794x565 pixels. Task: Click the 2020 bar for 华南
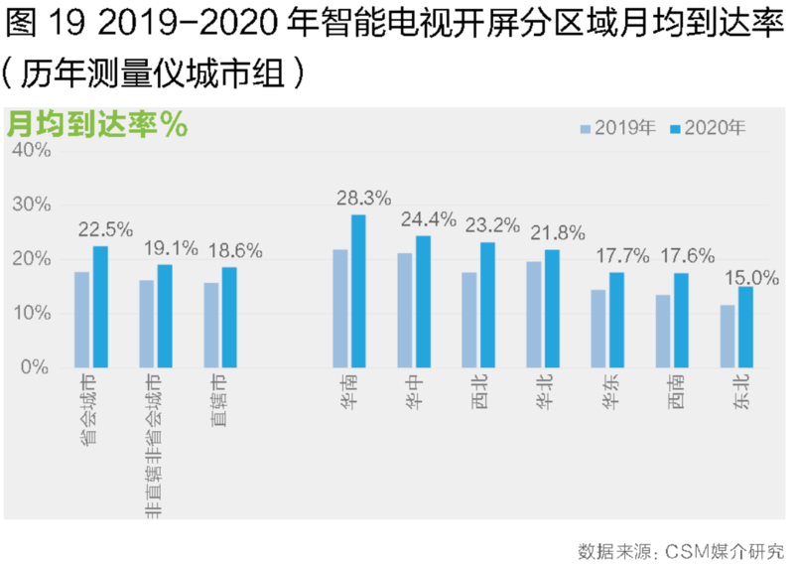point(358,291)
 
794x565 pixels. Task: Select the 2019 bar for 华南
point(340,308)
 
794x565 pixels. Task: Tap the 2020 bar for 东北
point(745,327)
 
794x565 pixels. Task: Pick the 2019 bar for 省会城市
point(82,320)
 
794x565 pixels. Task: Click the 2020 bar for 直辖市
point(229,317)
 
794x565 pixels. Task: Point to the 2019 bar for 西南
point(663,331)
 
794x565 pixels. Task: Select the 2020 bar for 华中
point(423,302)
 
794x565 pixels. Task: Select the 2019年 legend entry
point(616,127)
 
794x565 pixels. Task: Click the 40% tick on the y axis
point(30,150)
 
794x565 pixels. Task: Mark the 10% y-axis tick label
point(30,314)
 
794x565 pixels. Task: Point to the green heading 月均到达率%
point(97,125)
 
